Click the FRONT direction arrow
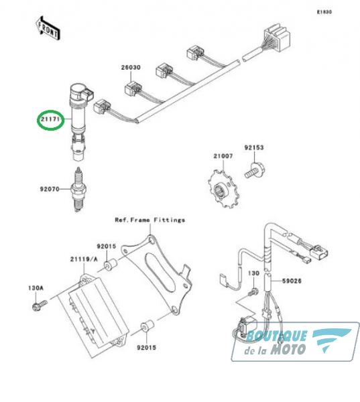48,28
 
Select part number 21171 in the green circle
50,119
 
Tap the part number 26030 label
131,68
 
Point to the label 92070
50,189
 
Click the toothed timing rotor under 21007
223,189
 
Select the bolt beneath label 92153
254,170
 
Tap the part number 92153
254,147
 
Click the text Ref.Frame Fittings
150,220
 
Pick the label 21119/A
84,259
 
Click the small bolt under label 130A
40,305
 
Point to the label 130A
36,288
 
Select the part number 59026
292,281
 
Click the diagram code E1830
324,12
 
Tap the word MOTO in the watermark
288,349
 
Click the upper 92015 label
106,246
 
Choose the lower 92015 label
146,348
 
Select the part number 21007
223,156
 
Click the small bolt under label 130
254,291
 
